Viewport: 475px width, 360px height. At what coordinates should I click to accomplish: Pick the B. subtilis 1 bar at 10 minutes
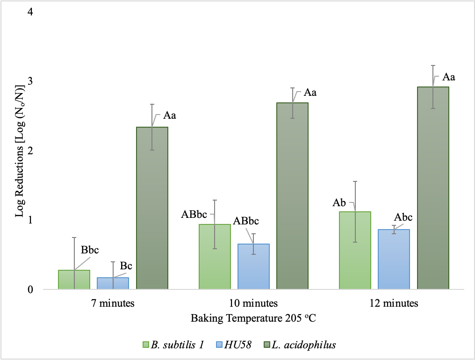[x=215, y=257]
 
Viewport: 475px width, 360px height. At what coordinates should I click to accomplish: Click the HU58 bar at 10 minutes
[x=253, y=266]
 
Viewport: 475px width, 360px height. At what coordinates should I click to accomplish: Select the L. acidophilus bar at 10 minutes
[x=292, y=196]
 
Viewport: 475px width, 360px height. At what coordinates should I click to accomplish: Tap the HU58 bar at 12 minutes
[x=394, y=259]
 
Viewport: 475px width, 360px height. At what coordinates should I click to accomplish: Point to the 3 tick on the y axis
[x=30, y=81]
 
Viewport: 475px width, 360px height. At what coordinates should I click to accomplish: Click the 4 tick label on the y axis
[x=30, y=12]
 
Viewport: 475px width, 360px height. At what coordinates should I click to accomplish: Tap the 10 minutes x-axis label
[x=253, y=303]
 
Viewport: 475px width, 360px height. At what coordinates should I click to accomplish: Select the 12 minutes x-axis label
[x=394, y=303]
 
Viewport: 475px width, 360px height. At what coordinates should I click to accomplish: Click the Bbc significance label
[x=90, y=250]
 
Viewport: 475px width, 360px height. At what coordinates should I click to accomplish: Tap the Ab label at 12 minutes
[x=339, y=203]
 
